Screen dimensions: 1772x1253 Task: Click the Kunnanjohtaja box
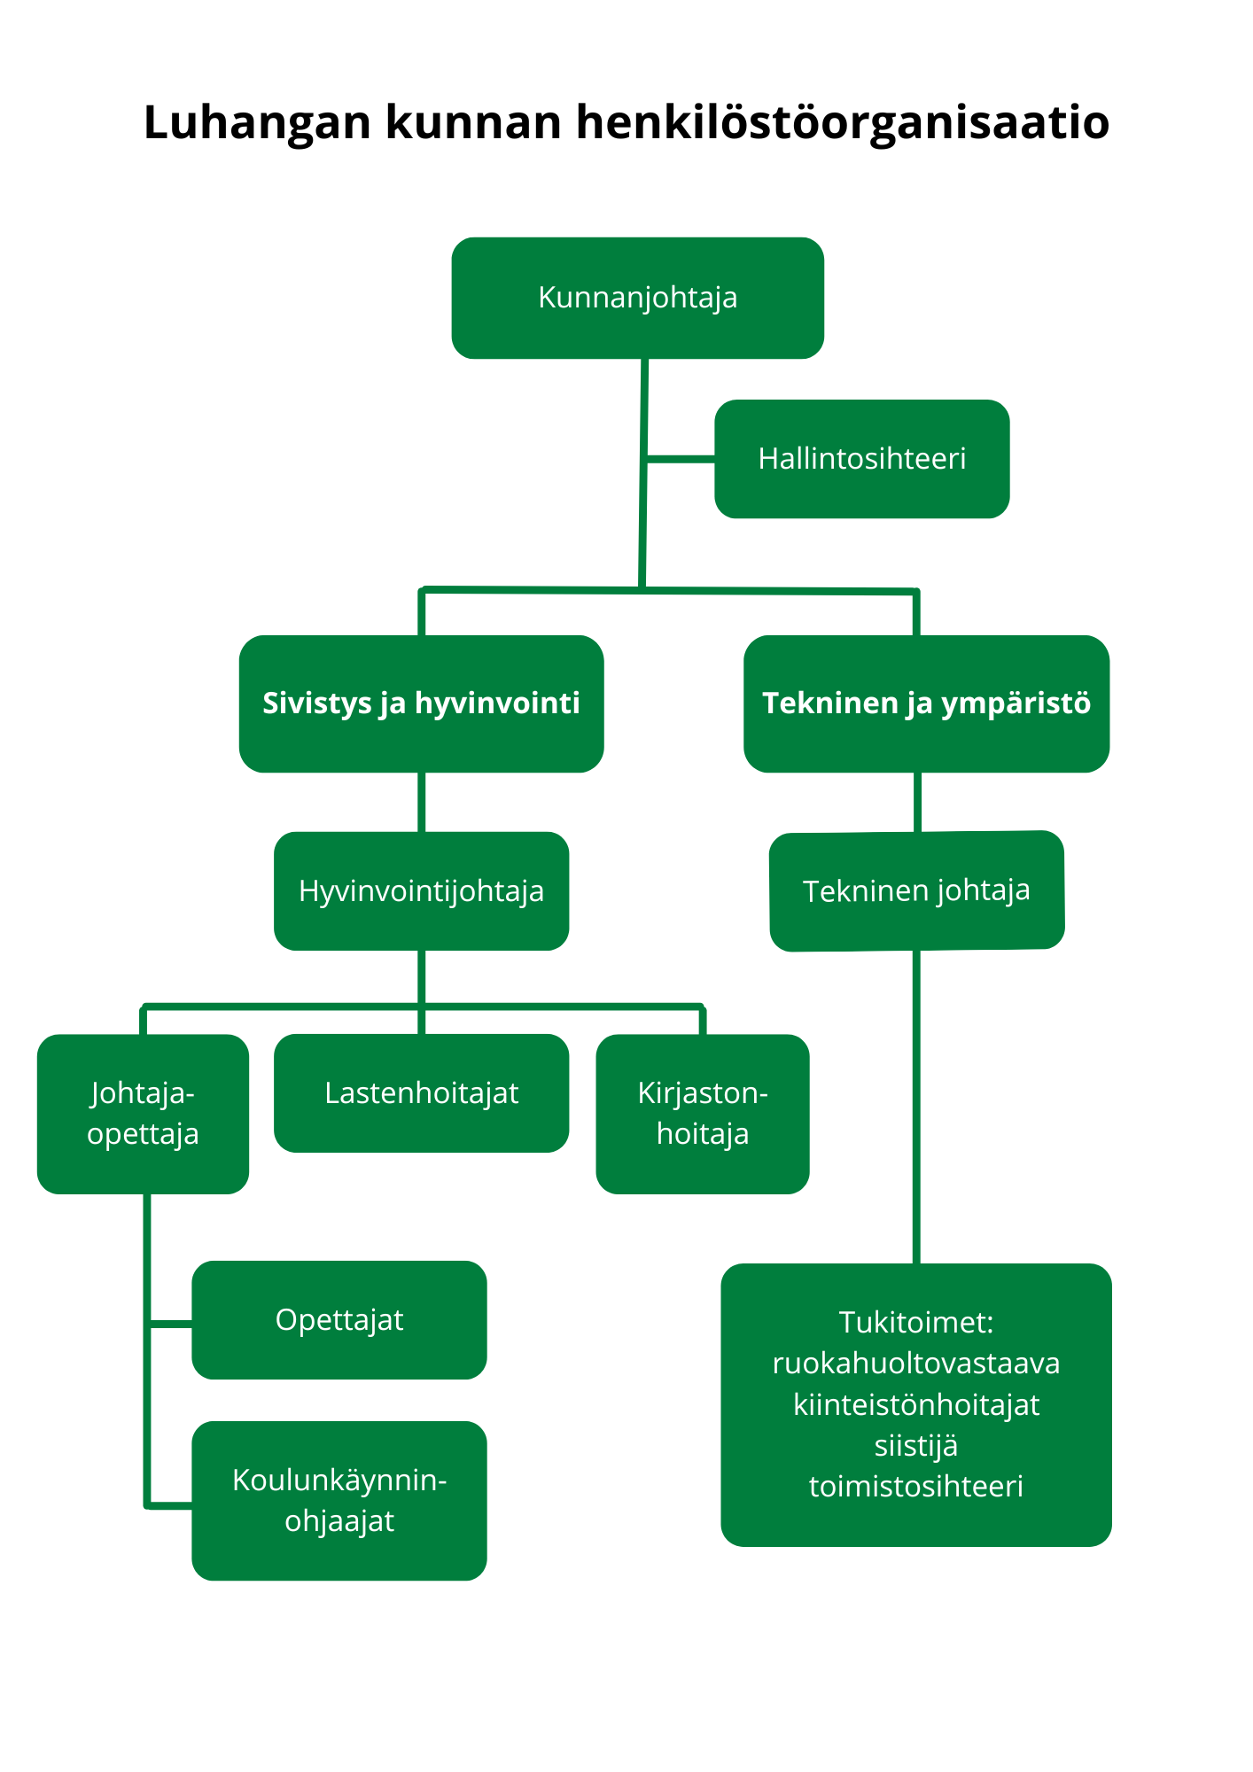point(637,298)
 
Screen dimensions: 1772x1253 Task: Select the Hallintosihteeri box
point(861,459)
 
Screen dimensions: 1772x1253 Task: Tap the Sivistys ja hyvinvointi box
point(421,703)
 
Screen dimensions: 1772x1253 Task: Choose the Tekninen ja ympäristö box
point(926,703)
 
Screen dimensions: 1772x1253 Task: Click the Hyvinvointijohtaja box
point(421,891)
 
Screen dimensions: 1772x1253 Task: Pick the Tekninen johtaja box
point(916,890)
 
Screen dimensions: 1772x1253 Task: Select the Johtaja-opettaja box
point(143,1114)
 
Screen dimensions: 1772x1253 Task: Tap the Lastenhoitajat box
point(421,1093)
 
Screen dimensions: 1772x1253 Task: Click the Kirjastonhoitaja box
point(703,1114)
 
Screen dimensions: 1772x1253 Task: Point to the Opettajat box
point(339,1320)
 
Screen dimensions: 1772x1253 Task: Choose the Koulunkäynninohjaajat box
point(339,1501)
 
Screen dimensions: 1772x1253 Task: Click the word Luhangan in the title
point(257,122)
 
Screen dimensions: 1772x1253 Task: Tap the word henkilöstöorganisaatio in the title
point(842,122)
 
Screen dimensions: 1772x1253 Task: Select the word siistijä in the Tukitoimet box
point(916,1446)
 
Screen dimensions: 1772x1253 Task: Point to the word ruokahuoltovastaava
point(916,1364)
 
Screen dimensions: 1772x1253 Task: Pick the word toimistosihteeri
point(916,1487)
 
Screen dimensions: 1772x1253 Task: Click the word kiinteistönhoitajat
point(916,1405)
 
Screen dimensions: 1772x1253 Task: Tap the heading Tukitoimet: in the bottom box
point(916,1323)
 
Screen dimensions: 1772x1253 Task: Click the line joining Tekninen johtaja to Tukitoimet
point(916,1107)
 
